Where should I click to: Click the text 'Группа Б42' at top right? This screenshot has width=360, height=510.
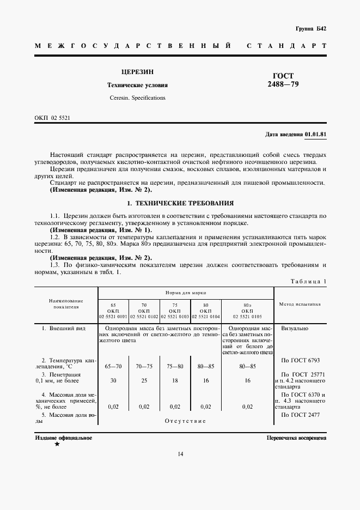[310, 28]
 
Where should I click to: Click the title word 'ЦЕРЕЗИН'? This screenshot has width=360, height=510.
[137, 72]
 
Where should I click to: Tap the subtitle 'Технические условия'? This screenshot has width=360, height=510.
[137, 86]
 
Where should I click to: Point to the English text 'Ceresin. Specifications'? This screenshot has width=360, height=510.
[137, 98]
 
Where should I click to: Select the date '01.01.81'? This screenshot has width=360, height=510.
[315, 134]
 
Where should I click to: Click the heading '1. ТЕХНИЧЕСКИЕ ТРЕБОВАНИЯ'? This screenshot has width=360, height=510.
[180, 203]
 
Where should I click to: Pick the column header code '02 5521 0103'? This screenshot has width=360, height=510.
[175, 316]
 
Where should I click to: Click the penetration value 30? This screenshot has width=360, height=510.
[113, 380]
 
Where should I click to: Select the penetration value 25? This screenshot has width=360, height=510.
[144, 380]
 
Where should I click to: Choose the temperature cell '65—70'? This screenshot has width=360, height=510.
[113, 366]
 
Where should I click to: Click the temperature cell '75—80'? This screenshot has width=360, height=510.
[175, 366]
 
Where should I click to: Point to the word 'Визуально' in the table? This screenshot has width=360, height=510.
[295, 329]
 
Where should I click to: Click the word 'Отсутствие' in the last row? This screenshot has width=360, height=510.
[185, 421]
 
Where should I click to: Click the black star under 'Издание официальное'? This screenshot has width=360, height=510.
[57, 444]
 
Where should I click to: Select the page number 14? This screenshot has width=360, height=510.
[180, 454]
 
